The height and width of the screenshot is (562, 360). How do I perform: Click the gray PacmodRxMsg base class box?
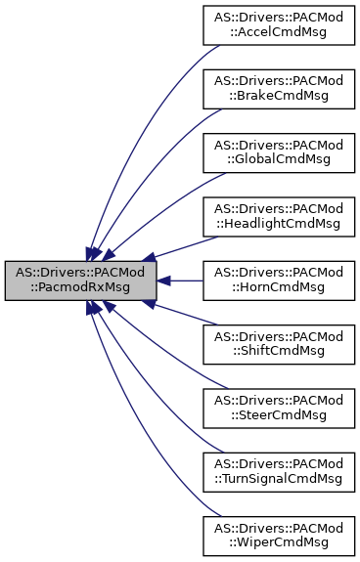coord(81,281)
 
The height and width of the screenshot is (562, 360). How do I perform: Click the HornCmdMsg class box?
coord(277,281)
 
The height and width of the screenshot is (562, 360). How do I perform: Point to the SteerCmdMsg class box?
coord(277,408)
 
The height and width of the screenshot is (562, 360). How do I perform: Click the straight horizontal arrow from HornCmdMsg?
coord(181,281)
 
